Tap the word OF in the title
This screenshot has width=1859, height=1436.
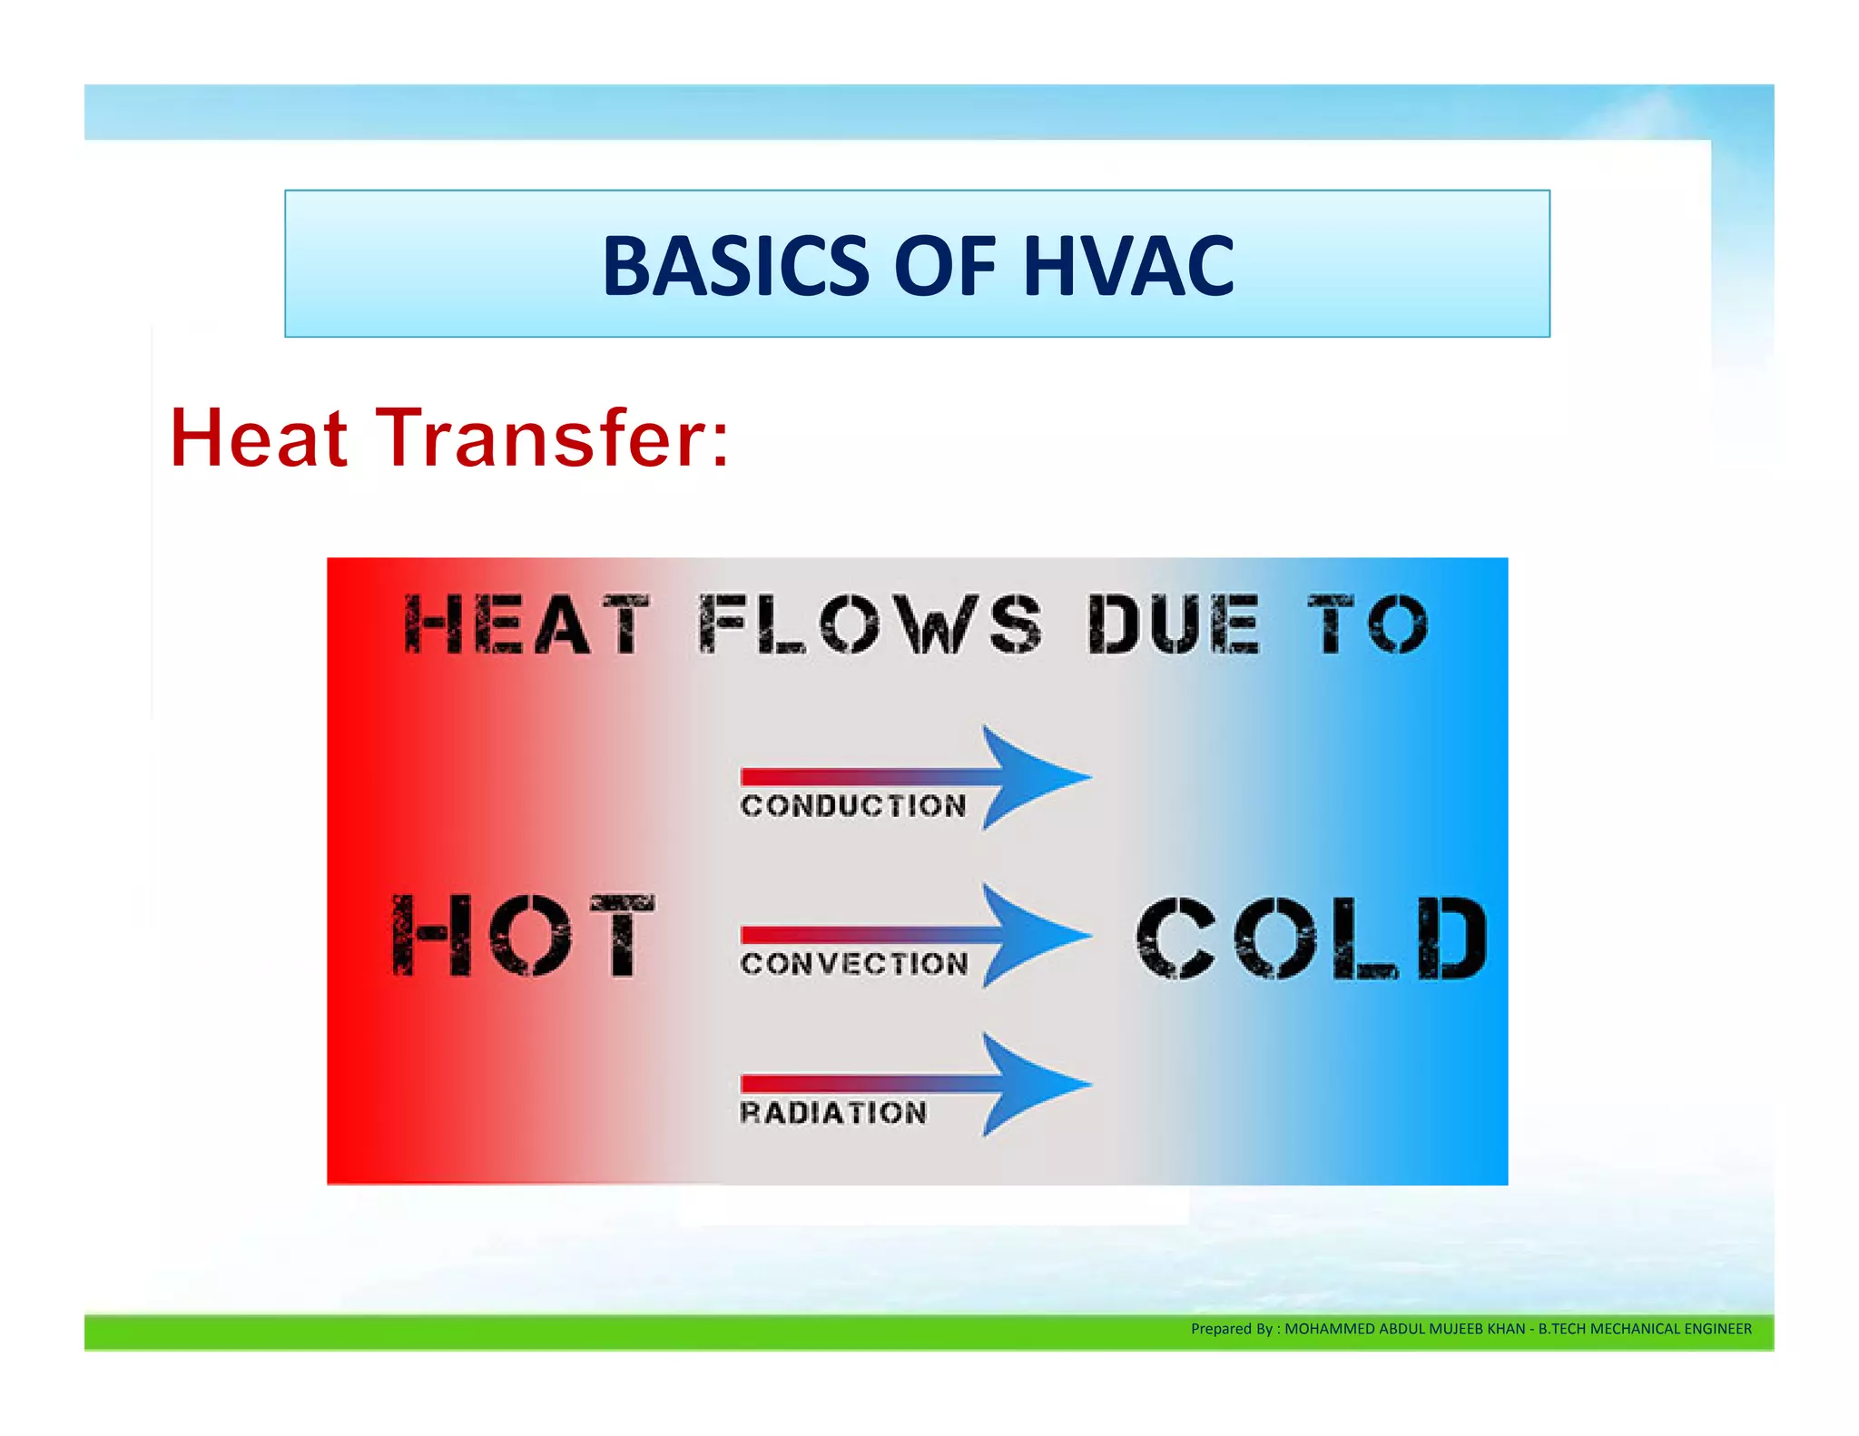945,266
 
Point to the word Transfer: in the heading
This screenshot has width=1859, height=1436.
553,438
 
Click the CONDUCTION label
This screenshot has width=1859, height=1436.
853,805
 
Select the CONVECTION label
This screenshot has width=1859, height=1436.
854,963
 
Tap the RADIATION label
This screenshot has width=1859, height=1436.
833,1112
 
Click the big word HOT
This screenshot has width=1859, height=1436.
523,935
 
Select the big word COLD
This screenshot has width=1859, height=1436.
1311,938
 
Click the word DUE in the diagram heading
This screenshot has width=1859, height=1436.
1173,625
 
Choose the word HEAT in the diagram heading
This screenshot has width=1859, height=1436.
526,625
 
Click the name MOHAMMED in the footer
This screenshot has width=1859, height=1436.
1330,1329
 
